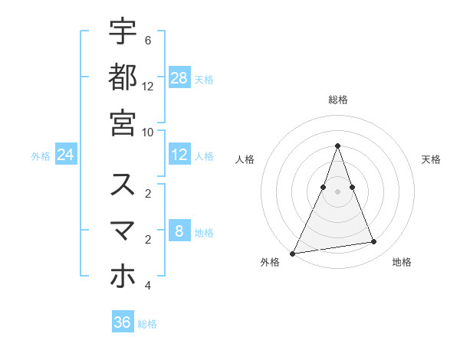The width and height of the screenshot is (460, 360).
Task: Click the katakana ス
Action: pyautogui.click(x=123, y=185)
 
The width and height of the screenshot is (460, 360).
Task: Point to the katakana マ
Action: pyautogui.click(x=123, y=231)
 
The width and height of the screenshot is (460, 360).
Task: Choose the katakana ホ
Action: pyautogui.click(x=123, y=277)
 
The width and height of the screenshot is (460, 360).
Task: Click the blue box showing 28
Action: pyautogui.click(x=179, y=77)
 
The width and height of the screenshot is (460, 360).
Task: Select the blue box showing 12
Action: pyautogui.click(x=179, y=155)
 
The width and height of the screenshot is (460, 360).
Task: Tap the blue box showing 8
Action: pyautogui.click(x=179, y=231)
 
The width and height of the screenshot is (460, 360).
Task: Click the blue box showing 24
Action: pyautogui.click(x=65, y=155)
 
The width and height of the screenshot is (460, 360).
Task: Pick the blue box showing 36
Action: pyautogui.click(x=123, y=322)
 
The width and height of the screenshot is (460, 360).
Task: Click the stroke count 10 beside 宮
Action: pyautogui.click(x=148, y=132)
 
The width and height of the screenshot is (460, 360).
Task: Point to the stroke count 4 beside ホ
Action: pyautogui.click(x=148, y=286)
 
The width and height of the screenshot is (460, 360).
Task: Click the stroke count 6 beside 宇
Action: pyautogui.click(x=148, y=40)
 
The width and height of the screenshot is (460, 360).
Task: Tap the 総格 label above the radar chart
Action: pyautogui.click(x=337, y=100)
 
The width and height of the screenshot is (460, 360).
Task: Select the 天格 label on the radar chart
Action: pyautogui.click(x=432, y=159)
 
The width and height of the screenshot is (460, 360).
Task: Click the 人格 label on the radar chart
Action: pyautogui.click(x=245, y=159)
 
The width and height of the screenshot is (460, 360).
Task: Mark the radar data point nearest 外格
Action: pyautogui.click(x=293, y=253)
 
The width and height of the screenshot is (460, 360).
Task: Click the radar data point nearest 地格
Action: pyautogui.click(x=374, y=242)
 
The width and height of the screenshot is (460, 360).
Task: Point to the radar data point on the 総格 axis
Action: pyautogui.click(x=337, y=146)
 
